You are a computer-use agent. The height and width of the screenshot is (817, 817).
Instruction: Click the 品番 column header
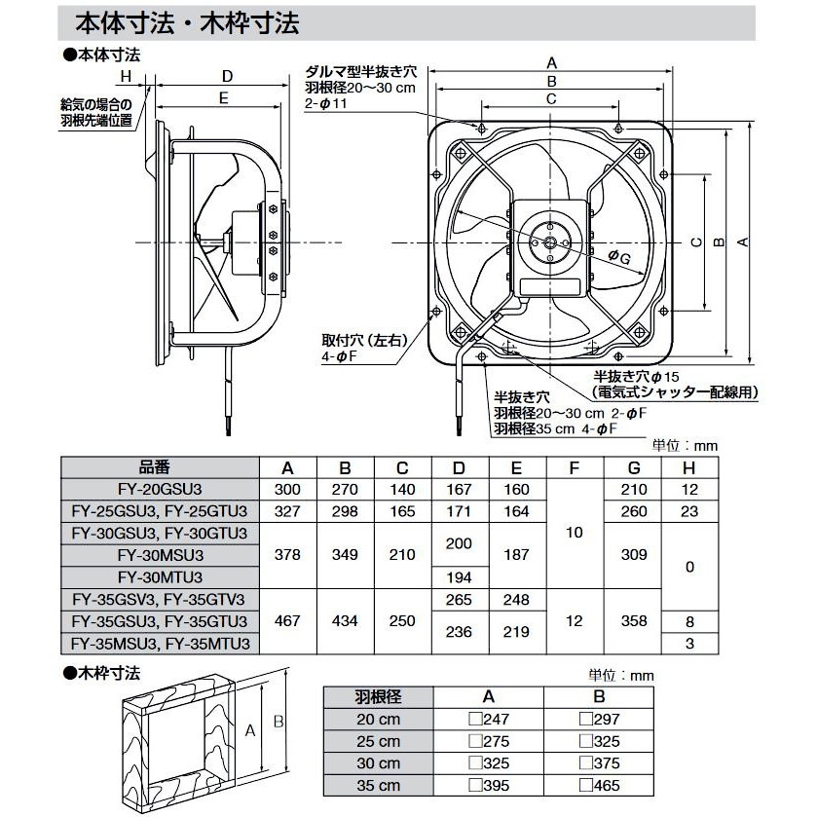pyautogui.click(x=159, y=465)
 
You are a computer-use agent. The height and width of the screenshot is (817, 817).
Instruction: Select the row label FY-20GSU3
pyautogui.click(x=159, y=489)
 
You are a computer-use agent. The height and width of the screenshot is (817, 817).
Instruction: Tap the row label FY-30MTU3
pyautogui.click(x=159, y=577)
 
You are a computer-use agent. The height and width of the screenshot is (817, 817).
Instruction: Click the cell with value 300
pyautogui.click(x=288, y=489)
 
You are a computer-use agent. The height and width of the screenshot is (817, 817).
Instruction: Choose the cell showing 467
pyautogui.click(x=288, y=621)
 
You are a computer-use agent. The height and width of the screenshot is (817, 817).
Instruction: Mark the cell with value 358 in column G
pyautogui.click(x=634, y=621)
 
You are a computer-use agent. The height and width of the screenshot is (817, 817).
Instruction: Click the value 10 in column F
pyautogui.click(x=575, y=534)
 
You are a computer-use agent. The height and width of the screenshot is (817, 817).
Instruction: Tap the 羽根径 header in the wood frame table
pyautogui.click(x=375, y=697)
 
